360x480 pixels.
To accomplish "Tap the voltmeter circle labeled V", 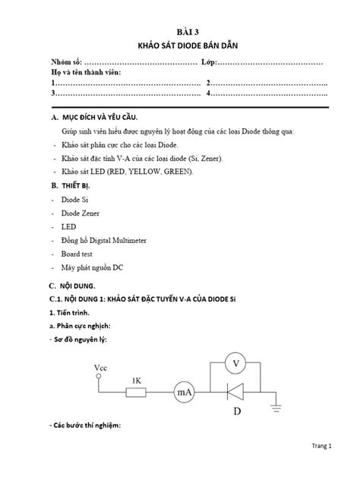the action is (236, 363).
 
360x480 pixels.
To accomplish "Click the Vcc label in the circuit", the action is (101, 368).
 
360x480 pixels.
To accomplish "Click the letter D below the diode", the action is (237, 411).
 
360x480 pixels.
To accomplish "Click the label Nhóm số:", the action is (65, 61).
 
